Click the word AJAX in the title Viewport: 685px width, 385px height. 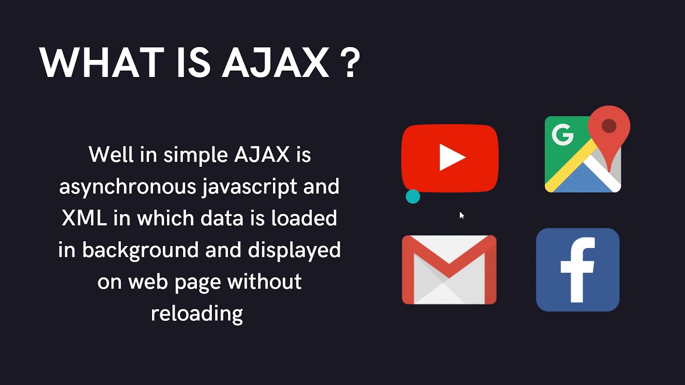pos(276,63)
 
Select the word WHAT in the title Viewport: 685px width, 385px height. pos(101,63)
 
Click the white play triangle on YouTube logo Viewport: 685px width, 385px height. pos(452,158)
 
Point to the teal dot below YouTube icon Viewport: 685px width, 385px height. pos(413,197)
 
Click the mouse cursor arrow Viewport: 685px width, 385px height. pos(461,215)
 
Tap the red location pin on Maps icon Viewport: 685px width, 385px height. pos(609,128)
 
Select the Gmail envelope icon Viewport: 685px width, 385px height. pos(449,269)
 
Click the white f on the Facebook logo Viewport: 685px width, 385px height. pos(578,270)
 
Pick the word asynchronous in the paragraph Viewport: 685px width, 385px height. pos(127,187)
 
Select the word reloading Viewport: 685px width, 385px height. pos(197,313)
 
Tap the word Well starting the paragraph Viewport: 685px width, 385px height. pos(109,155)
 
